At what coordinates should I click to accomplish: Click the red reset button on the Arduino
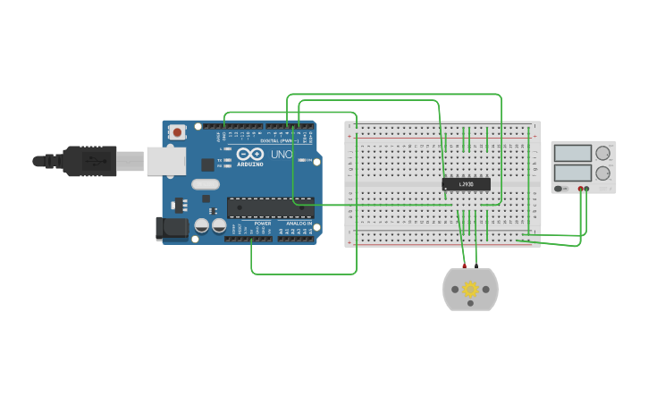(x=177, y=132)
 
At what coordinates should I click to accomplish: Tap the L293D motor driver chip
(x=466, y=184)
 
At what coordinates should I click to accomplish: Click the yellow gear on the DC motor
(x=470, y=290)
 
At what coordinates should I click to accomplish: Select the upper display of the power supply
(x=573, y=154)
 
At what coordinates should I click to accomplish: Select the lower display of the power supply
(x=573, y=173)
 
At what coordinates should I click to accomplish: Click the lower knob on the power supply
(x=603, y=173)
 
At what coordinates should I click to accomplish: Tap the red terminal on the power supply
(x=580, y=189)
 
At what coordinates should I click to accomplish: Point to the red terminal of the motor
(x=465, y=266)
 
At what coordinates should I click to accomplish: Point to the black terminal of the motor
(x=476, y=266)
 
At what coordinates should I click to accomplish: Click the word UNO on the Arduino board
(x=282, y=155)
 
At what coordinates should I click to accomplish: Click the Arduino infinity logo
(x=250, y=155)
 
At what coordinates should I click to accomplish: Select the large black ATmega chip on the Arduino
(x=270, y=208)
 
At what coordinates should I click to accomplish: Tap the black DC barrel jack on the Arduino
(x=172, y=228)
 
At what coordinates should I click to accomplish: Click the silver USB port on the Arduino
(x=166, y=161)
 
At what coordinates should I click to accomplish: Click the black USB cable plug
(x=89, y=161)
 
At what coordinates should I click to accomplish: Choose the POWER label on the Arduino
(x=262, y=224)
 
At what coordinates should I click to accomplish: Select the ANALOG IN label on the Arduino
(x=299, y=224)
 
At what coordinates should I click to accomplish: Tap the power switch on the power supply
(x=560, y=189)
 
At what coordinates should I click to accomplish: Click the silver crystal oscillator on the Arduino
(x=205, y=185)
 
